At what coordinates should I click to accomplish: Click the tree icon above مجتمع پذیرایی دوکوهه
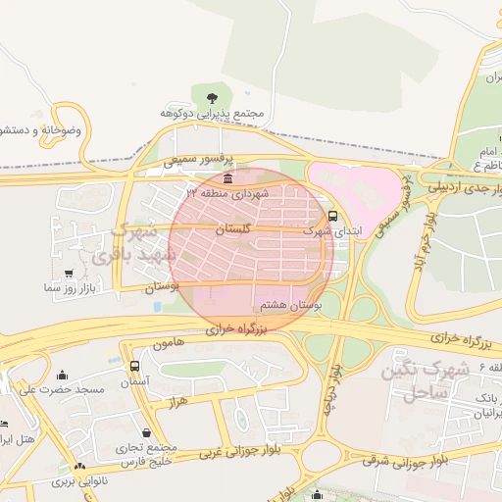[x=212, y=95]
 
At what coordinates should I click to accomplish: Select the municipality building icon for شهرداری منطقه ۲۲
[x=228, y=178]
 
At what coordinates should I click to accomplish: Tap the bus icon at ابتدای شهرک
[x=332, y=216]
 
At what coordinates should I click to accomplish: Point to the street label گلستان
[x=232, y=228]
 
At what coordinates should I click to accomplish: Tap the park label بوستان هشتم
[x=288, y=305]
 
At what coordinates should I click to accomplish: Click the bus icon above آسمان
[x=134, y=366]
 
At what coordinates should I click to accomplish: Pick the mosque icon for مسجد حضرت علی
[x=63, y=375]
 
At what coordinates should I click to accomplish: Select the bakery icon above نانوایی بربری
[x=78, y=468]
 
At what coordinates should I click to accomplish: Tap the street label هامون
[x=168, y=345]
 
